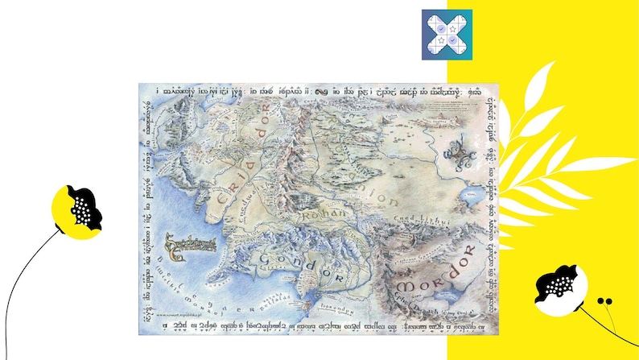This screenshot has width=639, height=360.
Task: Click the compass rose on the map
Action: click(x=460, y=151)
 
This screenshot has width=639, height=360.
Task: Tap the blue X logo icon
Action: click(x=447, y=35)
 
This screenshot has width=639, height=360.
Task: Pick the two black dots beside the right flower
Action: click(x=604, y=300)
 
